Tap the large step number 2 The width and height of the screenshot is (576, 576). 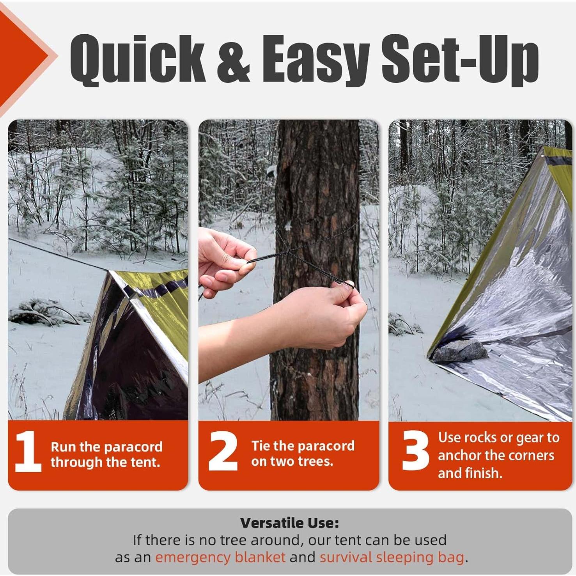[x=223, y=452]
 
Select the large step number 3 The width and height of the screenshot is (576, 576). [x=415, y=452]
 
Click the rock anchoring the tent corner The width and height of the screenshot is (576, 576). [x=460, y=350]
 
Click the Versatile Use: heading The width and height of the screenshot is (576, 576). [x=289, y=523]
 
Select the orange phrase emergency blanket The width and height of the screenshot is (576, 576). [x=220, y=557]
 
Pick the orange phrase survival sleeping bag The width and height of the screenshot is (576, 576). [x=392, y=557]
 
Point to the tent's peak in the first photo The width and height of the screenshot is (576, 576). [x=112, y=272]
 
